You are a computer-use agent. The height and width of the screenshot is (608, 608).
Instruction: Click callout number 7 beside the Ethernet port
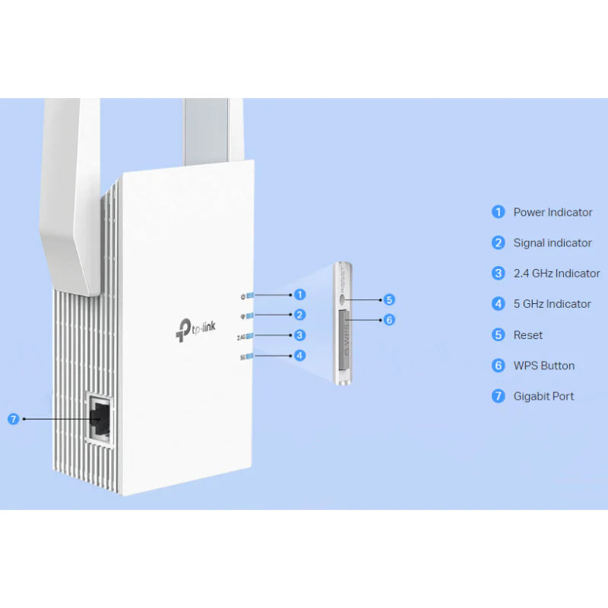tap(12, 418)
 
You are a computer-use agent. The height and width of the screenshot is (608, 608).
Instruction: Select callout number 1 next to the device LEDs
tap(300, 294)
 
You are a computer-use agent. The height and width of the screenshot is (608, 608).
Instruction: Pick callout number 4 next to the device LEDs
tap(300, 355)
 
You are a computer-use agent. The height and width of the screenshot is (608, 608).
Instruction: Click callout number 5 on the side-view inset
tap(389, 299)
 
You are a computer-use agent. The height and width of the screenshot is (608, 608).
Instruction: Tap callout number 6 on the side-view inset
tap(389, 320)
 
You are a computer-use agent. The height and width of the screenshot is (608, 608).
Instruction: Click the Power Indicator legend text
tap(553, 212)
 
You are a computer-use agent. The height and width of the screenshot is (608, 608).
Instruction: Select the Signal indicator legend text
tap(553, 243)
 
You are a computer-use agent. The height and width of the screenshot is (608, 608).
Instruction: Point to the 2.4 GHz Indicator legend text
tap(556, 274)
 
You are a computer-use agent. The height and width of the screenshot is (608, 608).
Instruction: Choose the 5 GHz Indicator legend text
tap(552, 304)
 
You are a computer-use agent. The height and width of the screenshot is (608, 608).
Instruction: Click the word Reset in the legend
tap(528, 335)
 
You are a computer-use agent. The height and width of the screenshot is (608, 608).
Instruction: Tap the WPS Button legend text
tap(543, 366)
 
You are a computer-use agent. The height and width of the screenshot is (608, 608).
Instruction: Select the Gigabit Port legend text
tap(543, 396)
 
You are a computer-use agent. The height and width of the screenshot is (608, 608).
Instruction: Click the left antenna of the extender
tap(72, 190)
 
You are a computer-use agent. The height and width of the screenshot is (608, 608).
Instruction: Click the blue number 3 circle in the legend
tap(499, 274)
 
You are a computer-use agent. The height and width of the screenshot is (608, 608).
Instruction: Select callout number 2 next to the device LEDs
tap(300, 315)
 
